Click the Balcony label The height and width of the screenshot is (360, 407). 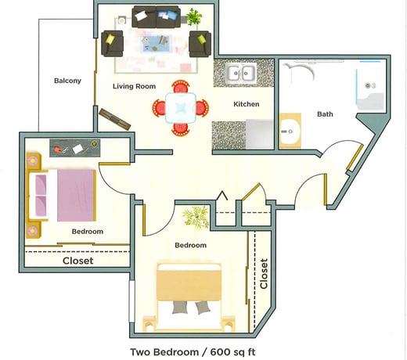pyautogui.click(x=67, y=81)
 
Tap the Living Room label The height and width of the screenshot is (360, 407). pyautogui.click(x=134, y=86)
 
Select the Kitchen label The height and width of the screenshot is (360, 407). pyautogui.click(x=247, y=104)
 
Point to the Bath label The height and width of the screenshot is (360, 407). pyautogui.click(x=324, y=114)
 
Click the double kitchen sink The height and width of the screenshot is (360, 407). pyautogui.click(x=242, y=74)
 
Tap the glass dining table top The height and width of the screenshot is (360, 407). pyautogui.click(x=181, y=106)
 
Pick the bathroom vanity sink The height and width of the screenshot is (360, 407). pyautogui.click(x=290, y=131)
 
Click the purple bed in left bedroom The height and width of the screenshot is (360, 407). pyautogui.click(x=64, y=195)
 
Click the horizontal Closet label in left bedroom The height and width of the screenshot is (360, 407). pyautogui.click(x=77, y=261)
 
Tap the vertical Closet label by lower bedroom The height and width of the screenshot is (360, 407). pyautogui.click(x=264, y=273)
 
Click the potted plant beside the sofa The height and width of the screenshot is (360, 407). pyautogui.click(x=193, y=16)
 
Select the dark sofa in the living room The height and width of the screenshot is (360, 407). pyautogui.click(x=155, y=16)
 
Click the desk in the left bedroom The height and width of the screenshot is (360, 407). pyautogui.click(x=74, y=146)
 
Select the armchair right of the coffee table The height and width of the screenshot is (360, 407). pyautogui.click(x=200, y=43)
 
